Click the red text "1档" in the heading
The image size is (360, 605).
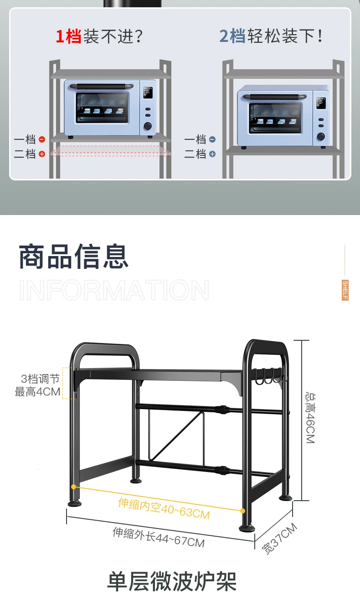pyautogui.click(x=68, y=36)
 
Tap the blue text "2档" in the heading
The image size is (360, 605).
pyautogui.click(x=232, y=36)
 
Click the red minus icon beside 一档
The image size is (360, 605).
pyautogui.click(x=42, y=139)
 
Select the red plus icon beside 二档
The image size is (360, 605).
pyautogui.click(x=42, y=154)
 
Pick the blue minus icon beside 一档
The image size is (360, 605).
pyautogui.click(x=212, y=139)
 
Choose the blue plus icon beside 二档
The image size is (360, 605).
pyautogui.click(x=212, y=154)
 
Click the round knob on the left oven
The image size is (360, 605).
pyautogui.click(x=148, y=126)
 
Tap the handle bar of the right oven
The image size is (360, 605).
pyautogui.click(x=275, y=97)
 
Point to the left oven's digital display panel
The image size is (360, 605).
pyautogui.click(x=147, y=93)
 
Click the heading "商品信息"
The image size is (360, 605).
pyautogui.click(x=74, y=257)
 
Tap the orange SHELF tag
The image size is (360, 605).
pyautogui.click(x=345, y=290)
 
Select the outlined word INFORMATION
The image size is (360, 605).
pyautogui.click(x=114, y=290)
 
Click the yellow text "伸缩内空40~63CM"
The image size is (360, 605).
pyautogui.click(x=164, y=508)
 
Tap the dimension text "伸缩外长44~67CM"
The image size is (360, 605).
pyautogui.click(x=159, y=537)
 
